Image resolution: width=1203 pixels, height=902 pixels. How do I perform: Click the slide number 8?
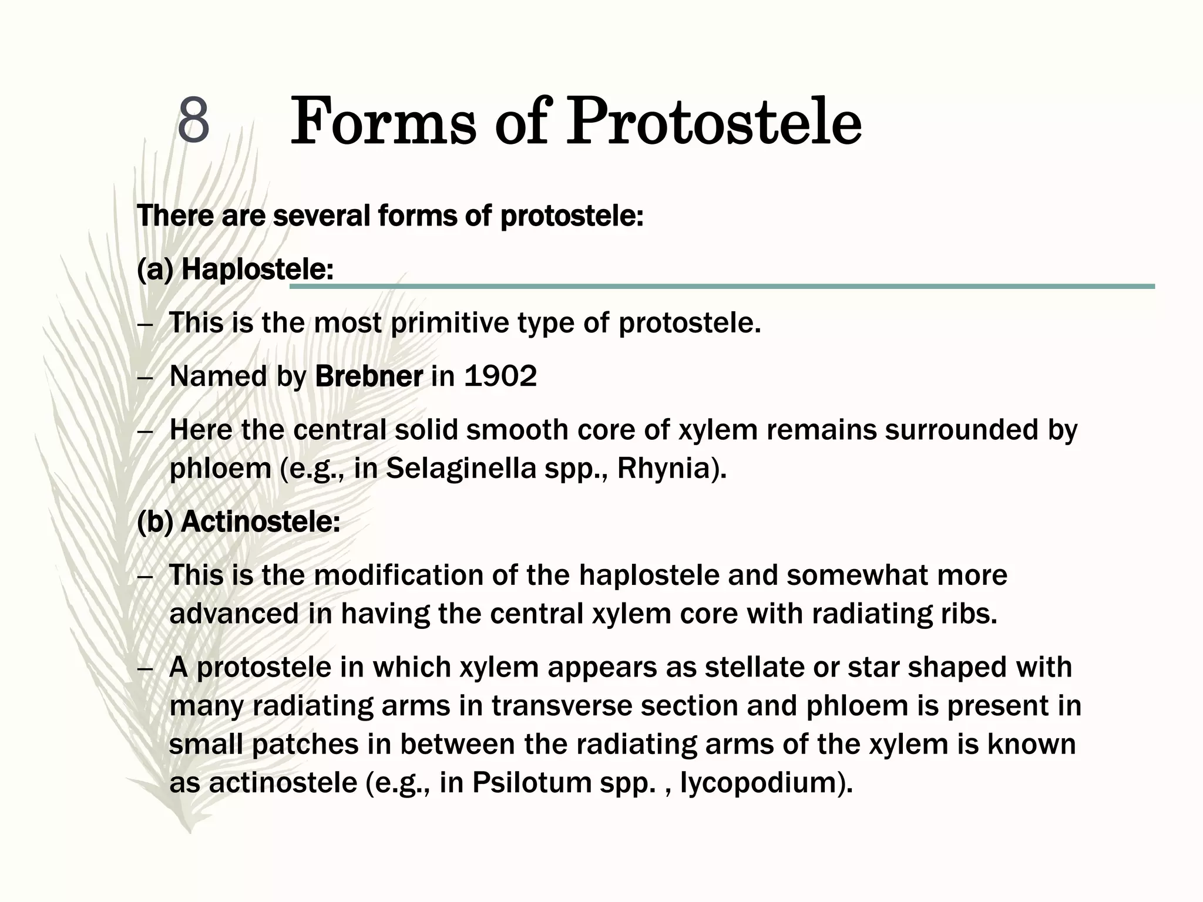[x=193, y=120]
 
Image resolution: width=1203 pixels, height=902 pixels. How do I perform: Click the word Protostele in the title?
[x=713, y=123]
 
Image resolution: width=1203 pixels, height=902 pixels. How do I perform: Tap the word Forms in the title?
[x=383, y=123]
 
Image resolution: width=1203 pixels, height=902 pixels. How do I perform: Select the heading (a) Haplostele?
[x=235, y=270]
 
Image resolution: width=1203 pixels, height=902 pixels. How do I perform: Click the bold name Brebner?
[x=368, y=376]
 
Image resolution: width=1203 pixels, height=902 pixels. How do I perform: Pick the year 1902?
[x=500, y=376]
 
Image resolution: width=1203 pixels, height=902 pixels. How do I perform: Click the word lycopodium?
[x=760, y=782]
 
